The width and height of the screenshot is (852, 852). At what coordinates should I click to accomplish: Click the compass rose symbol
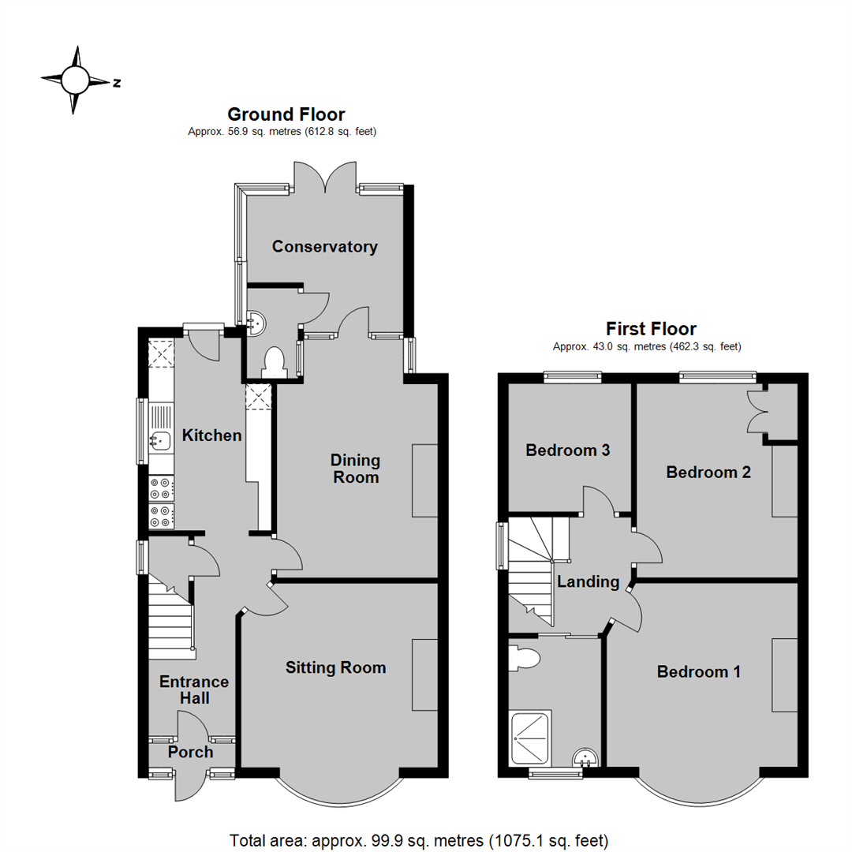[76, 80]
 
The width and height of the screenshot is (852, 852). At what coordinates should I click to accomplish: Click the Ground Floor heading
[286, 115]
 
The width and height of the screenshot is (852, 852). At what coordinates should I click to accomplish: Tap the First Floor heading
[651, 329]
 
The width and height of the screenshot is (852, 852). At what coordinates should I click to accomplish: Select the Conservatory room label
[325, 247]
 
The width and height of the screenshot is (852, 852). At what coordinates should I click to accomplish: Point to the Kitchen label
[211, 435]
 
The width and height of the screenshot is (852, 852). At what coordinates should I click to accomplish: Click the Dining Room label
[355, 469]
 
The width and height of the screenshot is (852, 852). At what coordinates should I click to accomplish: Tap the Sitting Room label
[336, 668]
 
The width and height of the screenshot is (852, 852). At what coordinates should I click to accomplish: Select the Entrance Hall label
[194, 689]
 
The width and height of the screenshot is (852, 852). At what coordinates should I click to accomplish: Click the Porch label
[191, 753]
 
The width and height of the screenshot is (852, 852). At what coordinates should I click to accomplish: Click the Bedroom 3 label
[568, 451]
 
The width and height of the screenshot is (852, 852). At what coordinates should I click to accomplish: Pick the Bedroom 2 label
[708, 473]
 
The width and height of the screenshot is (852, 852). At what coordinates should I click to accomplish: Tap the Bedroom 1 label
[699, 672]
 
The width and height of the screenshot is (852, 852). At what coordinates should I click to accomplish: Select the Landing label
[588, 582]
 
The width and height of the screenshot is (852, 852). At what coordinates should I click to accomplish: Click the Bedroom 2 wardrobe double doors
[757, 412]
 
